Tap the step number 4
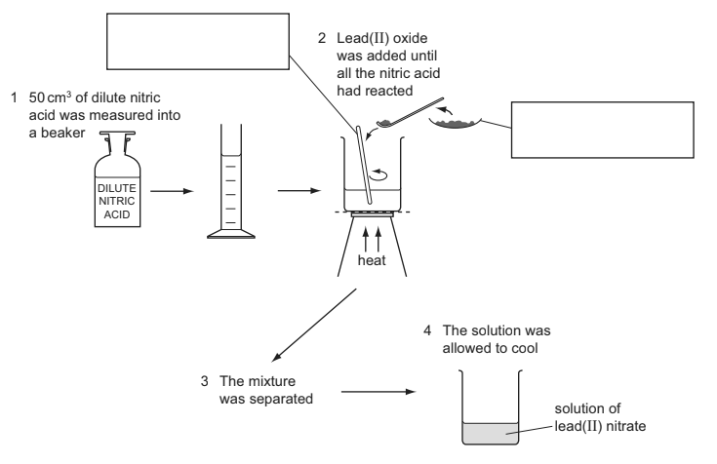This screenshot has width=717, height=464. point(427,329)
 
